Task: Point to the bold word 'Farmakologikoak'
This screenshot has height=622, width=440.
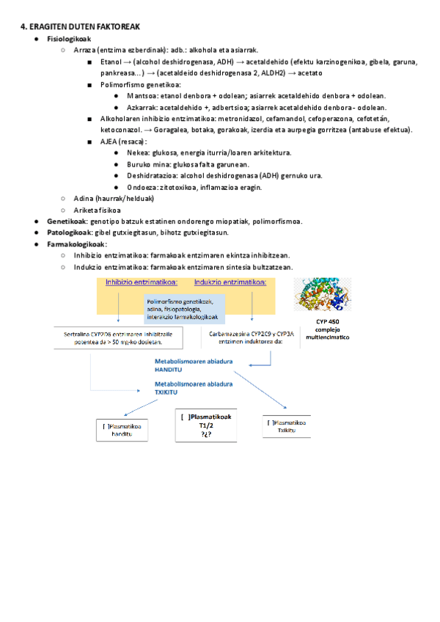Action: (x=76, y=244)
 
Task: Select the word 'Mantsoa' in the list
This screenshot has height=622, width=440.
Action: (x=141, y=95)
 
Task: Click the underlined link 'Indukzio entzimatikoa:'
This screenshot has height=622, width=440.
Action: (x=230, y=282)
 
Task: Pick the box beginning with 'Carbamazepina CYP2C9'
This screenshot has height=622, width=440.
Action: (x=252, y=337)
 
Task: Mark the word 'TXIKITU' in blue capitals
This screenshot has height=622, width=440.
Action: (x=166, y=392)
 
